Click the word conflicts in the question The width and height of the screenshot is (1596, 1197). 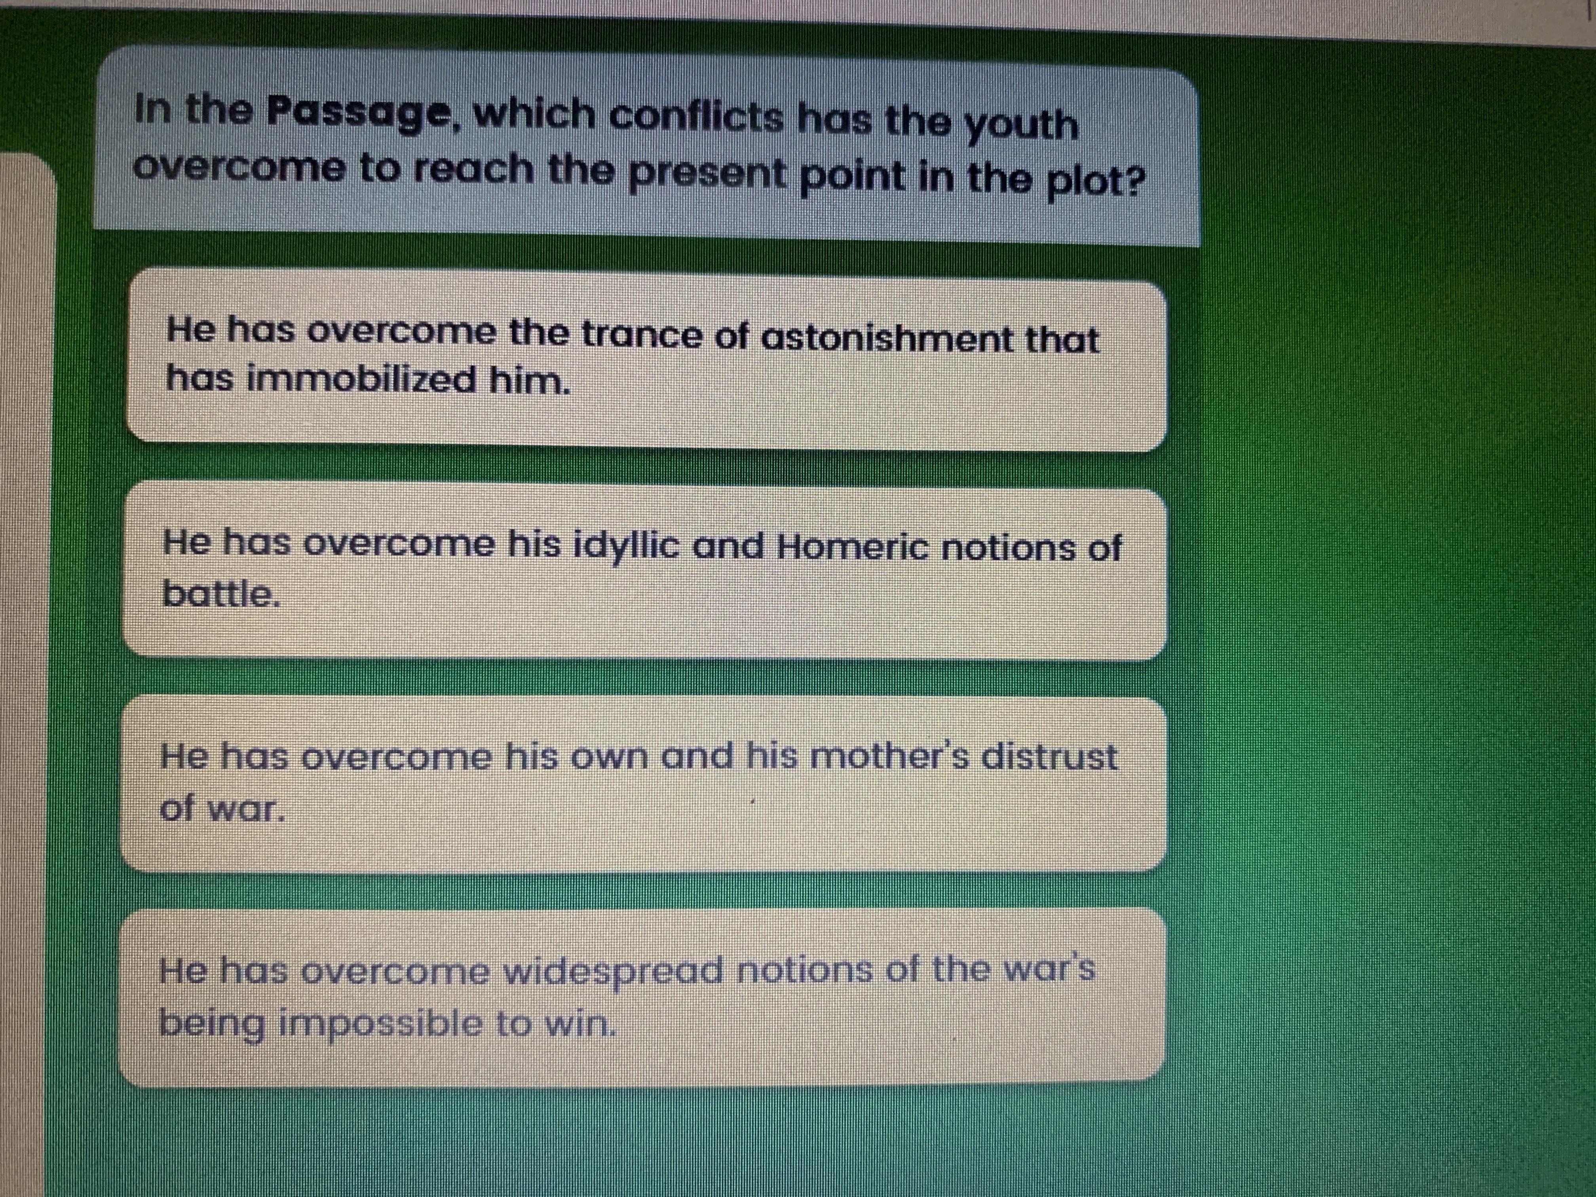click(696, 117)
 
